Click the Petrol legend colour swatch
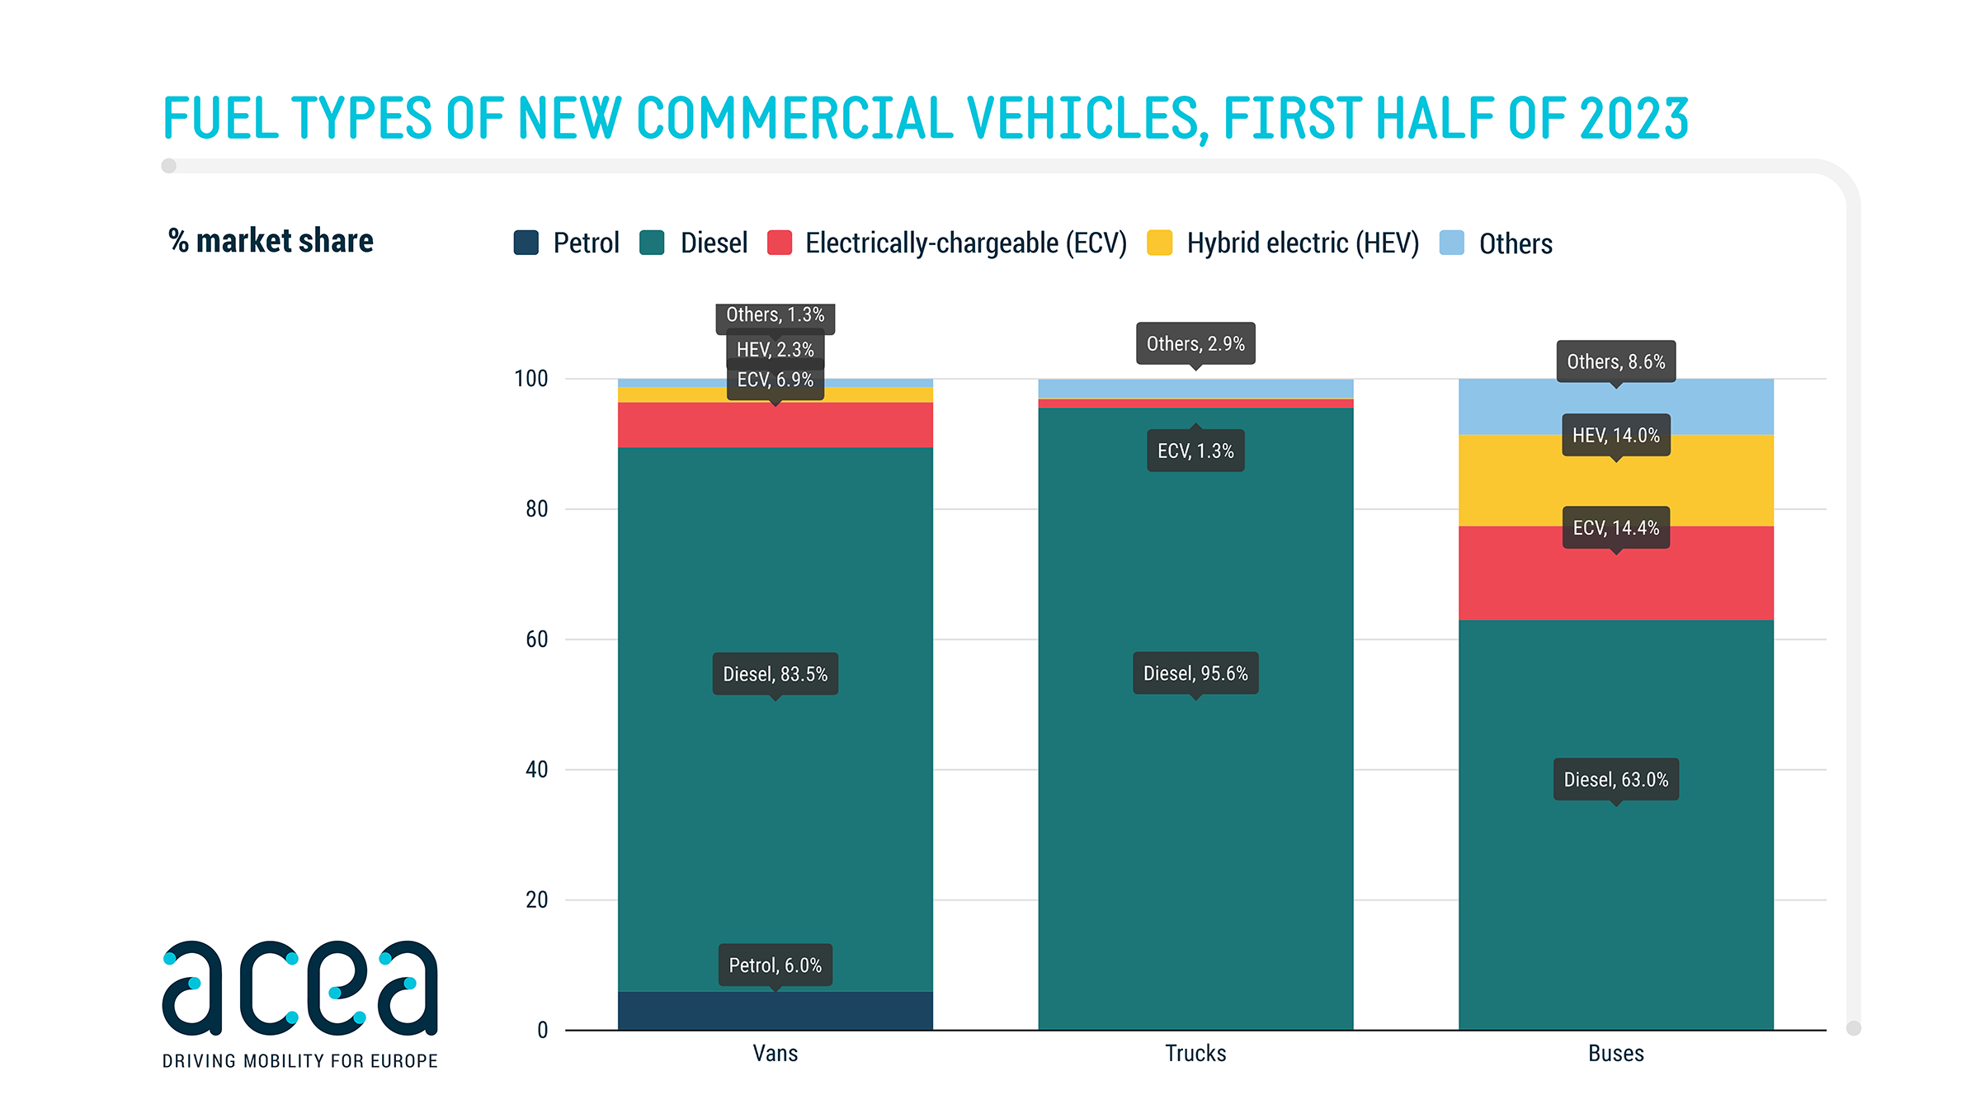526,243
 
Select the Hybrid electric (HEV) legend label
1303,243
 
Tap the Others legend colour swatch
1451,243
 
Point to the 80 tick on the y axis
536,509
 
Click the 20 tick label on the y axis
536,900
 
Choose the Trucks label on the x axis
1195,1054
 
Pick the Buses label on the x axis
1615,1054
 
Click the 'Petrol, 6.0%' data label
775,965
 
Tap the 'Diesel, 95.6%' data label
1195,673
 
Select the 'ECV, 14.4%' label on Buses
1615,528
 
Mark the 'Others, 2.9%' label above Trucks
1195,344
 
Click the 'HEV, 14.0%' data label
1615,436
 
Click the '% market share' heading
271,241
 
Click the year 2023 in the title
1633,118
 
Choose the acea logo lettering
299,989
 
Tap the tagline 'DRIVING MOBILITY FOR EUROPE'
299,1061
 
